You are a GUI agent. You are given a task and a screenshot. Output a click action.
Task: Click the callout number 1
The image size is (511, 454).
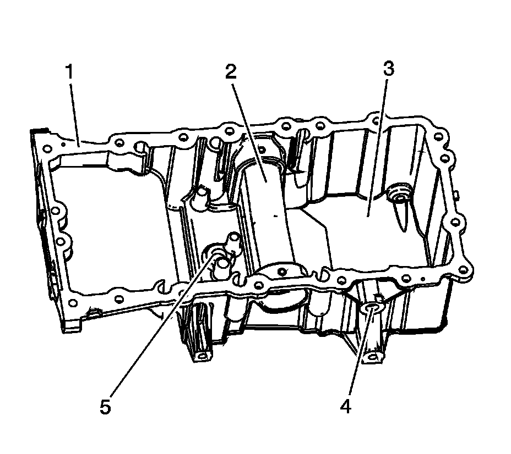(x=70, y=72)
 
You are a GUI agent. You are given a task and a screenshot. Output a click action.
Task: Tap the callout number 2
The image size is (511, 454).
(x=231, y=72)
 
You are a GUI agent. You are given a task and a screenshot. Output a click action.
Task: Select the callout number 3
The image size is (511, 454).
(x=389, y=69)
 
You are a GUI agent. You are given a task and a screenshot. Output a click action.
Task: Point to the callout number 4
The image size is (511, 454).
(x=345, y=407)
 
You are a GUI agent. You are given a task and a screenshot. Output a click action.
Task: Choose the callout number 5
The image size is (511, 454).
(x=105, y=407)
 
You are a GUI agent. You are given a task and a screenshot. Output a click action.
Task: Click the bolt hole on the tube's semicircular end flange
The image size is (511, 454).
(x=283, y=272)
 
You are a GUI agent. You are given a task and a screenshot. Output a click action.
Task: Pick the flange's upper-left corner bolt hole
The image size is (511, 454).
(x=47, y=147)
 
